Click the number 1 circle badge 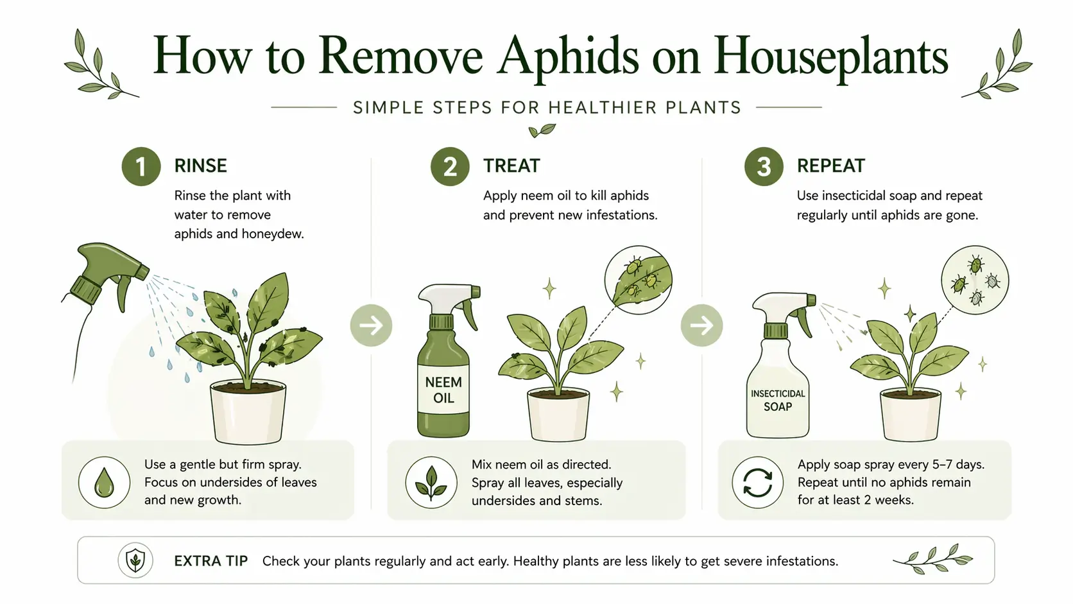141,167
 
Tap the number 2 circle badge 450,167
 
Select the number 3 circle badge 763,167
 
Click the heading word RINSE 200,166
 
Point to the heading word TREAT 511,166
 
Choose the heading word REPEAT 830,166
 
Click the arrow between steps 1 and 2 371,325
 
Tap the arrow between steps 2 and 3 701,325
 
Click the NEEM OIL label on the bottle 443,390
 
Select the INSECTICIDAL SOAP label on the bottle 778,400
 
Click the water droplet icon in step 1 104,482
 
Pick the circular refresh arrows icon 757,482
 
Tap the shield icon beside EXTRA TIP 135,560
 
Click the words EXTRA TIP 210,561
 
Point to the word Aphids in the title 568,56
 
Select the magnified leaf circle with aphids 638,280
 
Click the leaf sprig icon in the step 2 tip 431,482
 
